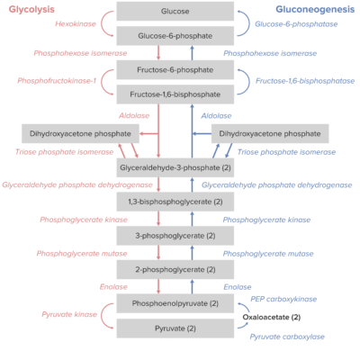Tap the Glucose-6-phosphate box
(x=175, y=36)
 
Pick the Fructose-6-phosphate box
(x=175, y=70)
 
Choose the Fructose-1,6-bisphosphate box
(x=175, y=93)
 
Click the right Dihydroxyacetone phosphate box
(x=270, y=134)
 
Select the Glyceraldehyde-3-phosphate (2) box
(x=175, y=168)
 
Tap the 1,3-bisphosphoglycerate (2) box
(x=175, y=202)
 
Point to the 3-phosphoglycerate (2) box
(x=175, y=236)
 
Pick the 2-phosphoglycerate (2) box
(x=175, y=269)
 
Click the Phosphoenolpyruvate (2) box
(x=175, y=303)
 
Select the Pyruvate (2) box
(x=175, y=327)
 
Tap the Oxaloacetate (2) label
(x=272, y=317)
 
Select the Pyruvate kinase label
(x=68, y=315)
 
